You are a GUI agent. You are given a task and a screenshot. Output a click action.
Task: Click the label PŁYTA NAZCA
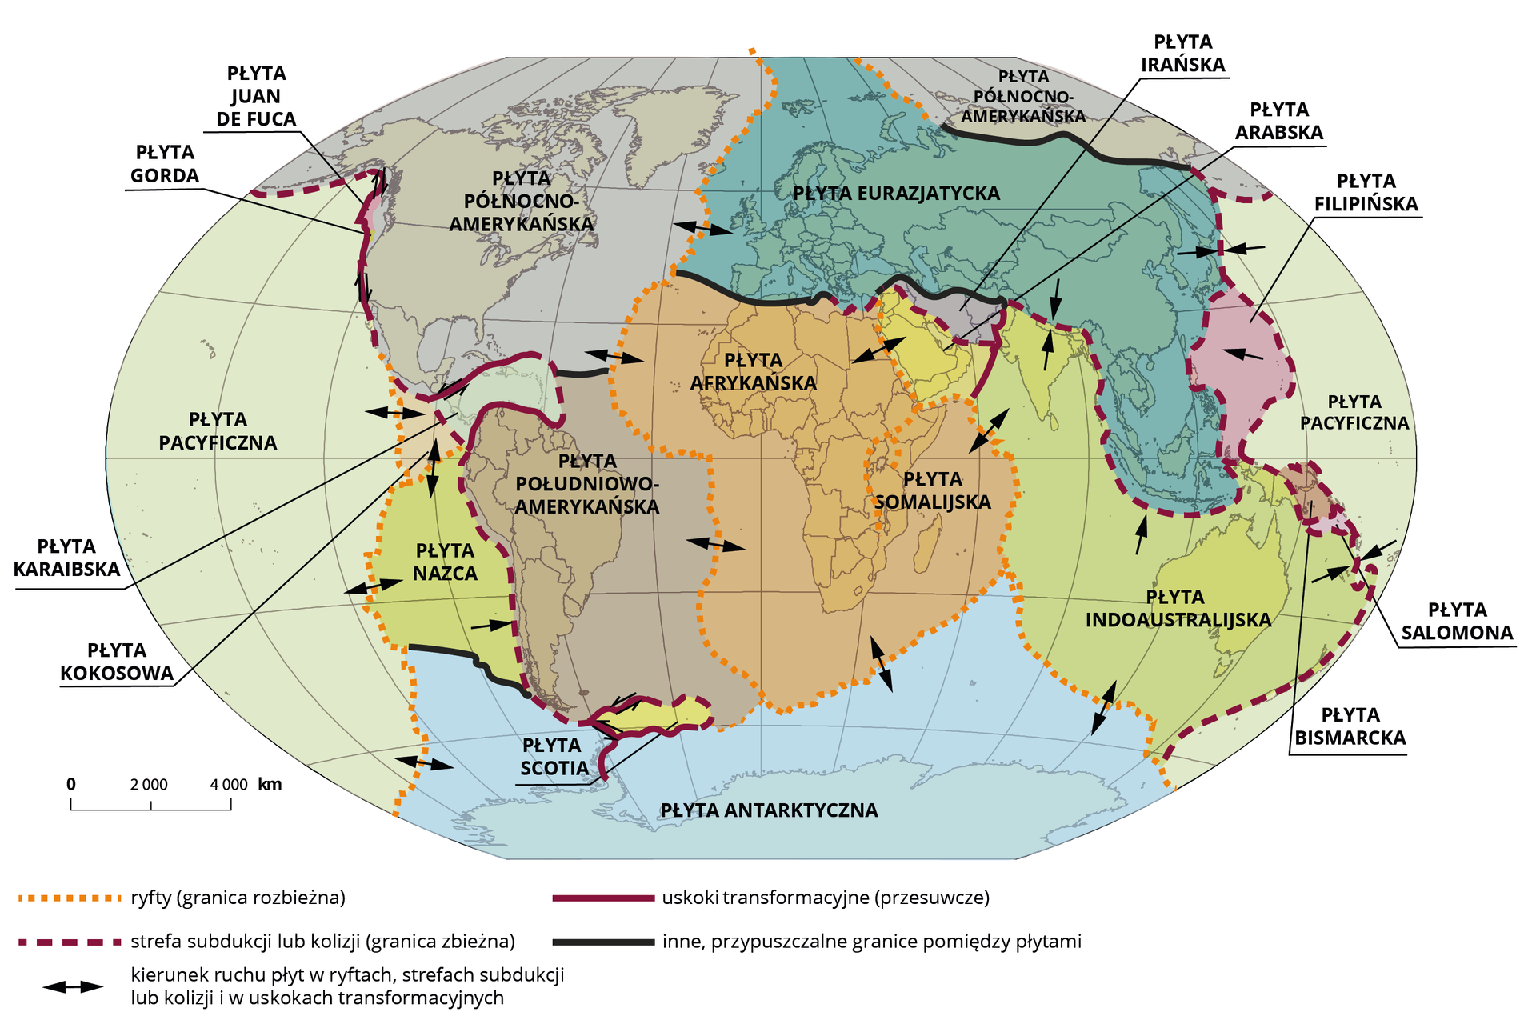(x=445, y=562)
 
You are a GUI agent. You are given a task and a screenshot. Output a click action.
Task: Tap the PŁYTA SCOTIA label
(x=552, y=757)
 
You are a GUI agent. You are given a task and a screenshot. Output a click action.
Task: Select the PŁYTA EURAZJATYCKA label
(x=896, y=194)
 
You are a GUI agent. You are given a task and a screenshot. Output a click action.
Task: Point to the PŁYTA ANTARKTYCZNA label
(x=768, y=810)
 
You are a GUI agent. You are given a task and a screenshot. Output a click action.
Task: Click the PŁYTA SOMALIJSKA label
(x=932, y=490)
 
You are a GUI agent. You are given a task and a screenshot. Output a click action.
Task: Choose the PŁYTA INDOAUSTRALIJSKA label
(x=1178, y=608)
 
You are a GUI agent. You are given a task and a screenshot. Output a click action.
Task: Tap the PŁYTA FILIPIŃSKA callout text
(x=1366, y=193)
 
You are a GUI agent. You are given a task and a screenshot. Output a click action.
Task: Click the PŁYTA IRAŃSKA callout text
(x=1182, y=54)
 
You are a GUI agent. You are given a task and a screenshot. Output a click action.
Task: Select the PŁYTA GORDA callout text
(x=165, y=164)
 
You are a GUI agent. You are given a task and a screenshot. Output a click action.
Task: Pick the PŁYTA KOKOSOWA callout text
(x=117, y=662)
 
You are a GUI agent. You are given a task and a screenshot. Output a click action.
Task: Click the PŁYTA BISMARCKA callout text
(x=1350, y=726)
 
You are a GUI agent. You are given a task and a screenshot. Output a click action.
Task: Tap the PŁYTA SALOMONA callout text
(x=1457, y=622)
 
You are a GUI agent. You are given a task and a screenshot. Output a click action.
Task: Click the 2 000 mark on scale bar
(x=150, y=785)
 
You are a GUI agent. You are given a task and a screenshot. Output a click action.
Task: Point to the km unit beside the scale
(x=270, y=784)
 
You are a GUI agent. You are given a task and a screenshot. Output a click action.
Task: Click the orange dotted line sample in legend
(x=68, y=898)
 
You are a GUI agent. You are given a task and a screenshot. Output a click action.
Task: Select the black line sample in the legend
(x=603, y=942)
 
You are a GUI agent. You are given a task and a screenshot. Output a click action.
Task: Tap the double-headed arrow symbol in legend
(x=73, y=986)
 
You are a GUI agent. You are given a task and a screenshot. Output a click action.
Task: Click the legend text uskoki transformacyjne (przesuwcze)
(x=826, y=898)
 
